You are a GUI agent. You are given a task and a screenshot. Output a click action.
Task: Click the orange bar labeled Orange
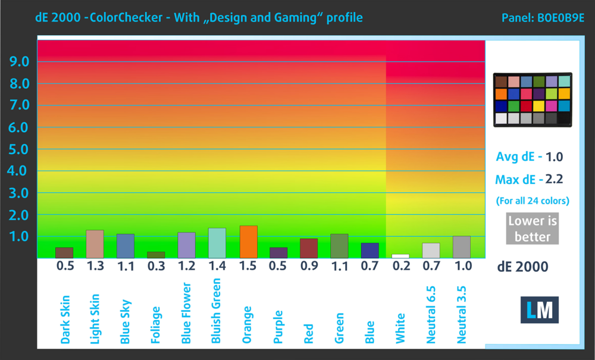tap(248, 242)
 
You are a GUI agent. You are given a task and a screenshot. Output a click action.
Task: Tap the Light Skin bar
tap(95, 244)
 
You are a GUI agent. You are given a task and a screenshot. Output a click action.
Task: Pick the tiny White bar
tap(400, 256)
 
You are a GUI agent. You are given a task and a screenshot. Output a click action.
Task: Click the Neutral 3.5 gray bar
tap(462, 247)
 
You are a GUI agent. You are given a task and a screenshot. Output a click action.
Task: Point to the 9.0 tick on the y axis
tap(18, 61)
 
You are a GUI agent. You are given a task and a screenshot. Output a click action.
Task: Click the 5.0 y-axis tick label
tap(18, 149)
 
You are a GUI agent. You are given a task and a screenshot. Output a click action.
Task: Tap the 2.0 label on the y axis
tap(18, 215)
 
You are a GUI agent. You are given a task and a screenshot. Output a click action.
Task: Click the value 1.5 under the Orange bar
tap(248, 267)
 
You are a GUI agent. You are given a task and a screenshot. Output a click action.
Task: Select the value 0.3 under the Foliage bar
tap(156, 267)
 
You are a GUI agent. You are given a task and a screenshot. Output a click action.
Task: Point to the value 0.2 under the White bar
tap(400, 267)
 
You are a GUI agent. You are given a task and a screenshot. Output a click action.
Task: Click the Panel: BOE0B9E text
tap(543, 18)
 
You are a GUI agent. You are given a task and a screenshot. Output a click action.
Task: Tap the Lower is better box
tap(533, 228)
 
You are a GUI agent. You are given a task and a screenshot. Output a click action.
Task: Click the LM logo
tap(540, 310)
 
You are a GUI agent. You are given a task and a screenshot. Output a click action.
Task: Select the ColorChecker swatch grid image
tap(532, 99)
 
